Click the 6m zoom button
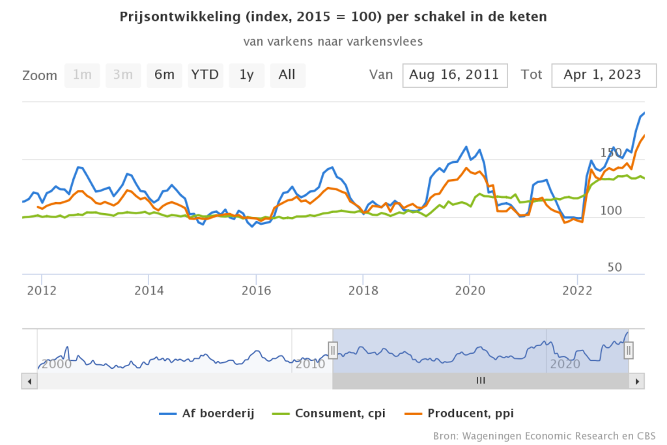(164, 75)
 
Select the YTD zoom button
(205, 75)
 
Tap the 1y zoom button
(246, 75)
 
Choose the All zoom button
(287, 75)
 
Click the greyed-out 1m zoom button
(82, 75)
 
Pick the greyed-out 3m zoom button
(123, 75)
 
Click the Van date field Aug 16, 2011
(455, 75)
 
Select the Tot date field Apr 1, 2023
(602, 75)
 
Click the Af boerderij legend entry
(206, 413)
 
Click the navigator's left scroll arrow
(27, 380)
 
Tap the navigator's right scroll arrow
(638, 380)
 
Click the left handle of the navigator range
(333, 351)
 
